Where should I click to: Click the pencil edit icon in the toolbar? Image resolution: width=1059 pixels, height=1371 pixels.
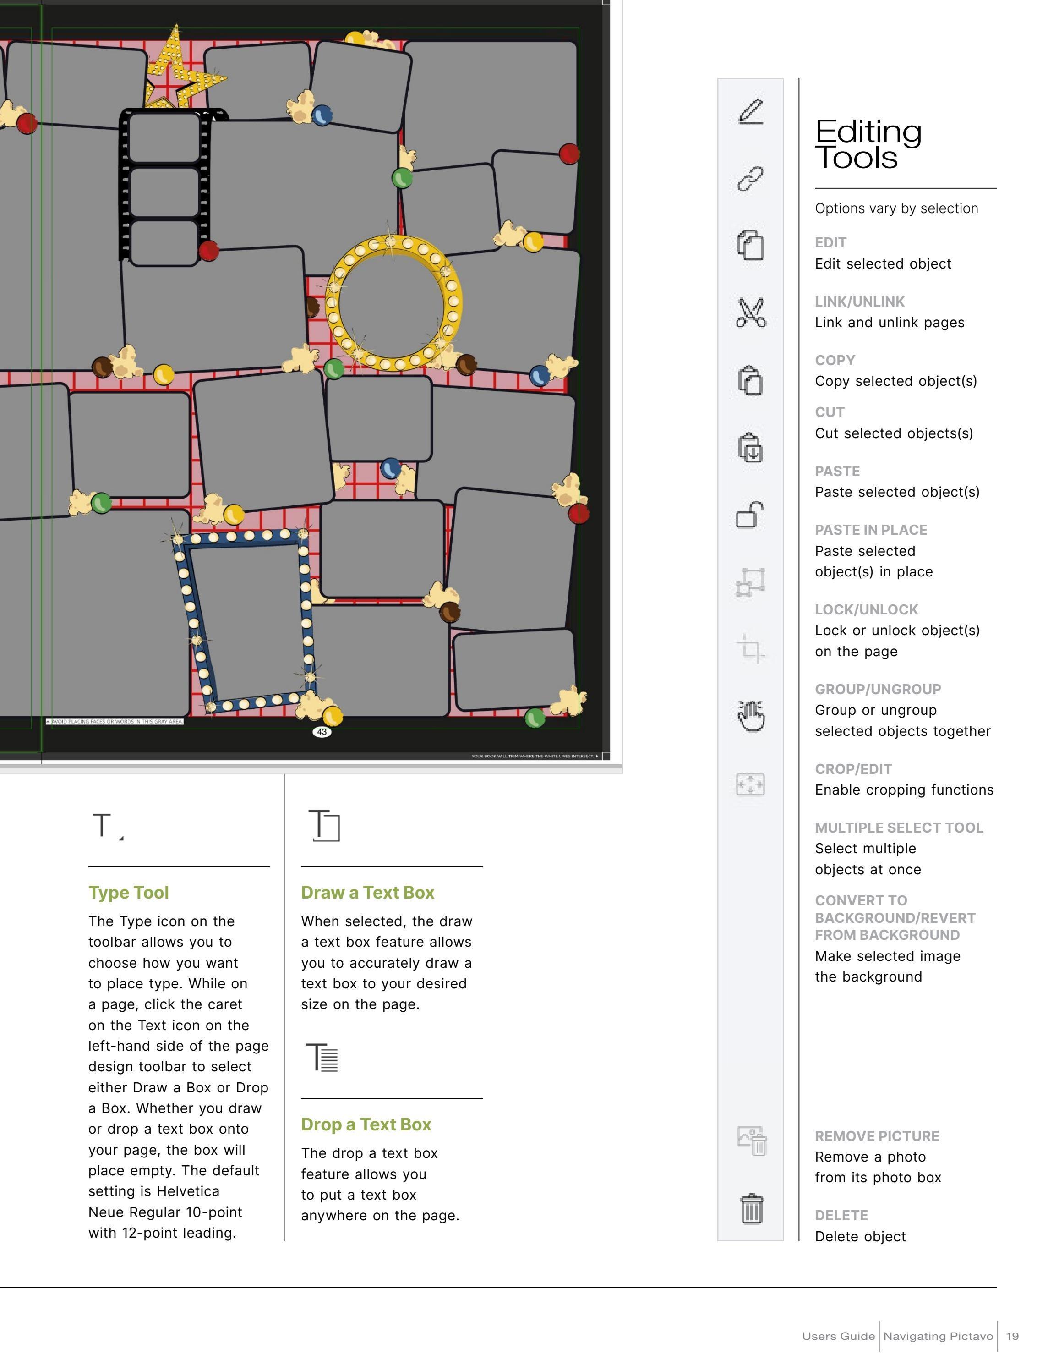(x=750, y=112)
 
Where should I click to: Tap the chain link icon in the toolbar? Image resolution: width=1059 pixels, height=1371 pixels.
(x=750, y=179)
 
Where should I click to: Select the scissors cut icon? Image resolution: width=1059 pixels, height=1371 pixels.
(x=750, y=313)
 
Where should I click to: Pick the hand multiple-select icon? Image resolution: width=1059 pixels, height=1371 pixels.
(x=751, y=716)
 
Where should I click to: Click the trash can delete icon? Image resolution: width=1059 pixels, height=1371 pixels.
(x=751, y=1209)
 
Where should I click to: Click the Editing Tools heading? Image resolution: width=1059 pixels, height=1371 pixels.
(x=868, y=144)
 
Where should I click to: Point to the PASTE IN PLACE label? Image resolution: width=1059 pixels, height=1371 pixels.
(x=871, y=530)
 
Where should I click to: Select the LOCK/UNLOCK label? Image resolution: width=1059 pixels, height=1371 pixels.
(x=867, y=609)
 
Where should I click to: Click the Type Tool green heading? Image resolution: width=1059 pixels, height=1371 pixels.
(x=129, y=892)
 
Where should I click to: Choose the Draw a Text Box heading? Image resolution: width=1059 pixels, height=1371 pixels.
(x=368, y=892)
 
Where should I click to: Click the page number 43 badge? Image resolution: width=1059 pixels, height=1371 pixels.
(x=322, y=731)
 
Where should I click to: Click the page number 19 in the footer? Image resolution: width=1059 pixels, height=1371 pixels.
(x=1012, y=1336)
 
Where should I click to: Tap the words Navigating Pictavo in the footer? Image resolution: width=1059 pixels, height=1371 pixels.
(x=938, y=1336)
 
